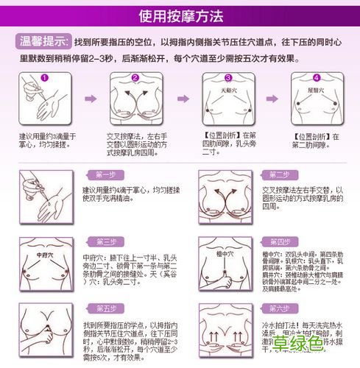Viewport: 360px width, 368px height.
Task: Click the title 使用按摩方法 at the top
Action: coord(180,15)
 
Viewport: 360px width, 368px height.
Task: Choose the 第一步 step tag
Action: coord(107,175)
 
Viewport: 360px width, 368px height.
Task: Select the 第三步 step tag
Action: coord(107,242)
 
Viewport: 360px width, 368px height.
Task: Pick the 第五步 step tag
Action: coord(107,308)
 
